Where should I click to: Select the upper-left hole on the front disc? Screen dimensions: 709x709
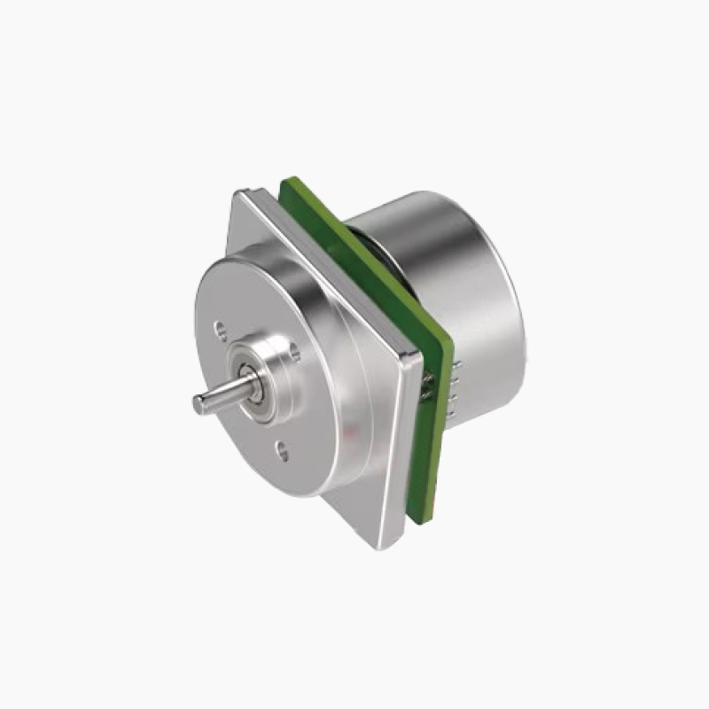[219, 330]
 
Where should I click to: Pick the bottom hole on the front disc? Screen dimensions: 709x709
[281, 452]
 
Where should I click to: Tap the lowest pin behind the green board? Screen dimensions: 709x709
[450, 414]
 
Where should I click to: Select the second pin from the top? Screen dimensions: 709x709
[455, 381]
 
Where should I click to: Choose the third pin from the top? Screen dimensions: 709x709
[452, 397]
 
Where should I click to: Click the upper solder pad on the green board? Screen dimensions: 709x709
[428, 377]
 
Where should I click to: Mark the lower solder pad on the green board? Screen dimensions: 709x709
[425, 395]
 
